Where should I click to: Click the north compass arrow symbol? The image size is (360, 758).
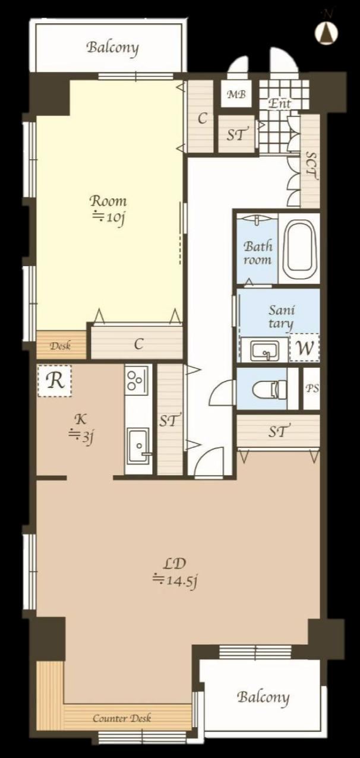coord(327,33)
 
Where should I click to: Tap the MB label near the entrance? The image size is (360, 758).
coord(236,94)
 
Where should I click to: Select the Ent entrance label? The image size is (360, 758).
coord(279,103)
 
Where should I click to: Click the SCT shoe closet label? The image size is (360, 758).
coord(311,166)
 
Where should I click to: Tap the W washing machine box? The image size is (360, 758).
coord(305,348)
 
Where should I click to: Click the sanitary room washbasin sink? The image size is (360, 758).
coord(264,350)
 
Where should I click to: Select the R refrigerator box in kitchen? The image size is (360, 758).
coord(55,381)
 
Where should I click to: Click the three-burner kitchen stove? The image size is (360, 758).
coord(137,380)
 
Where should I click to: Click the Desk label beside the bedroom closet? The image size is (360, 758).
coord(60,346)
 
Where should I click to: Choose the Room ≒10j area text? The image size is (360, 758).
coord(108,210)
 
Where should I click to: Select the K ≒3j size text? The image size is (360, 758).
coord(81,429)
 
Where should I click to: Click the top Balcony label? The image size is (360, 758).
coord(113,48)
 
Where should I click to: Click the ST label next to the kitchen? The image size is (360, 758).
coord(168,420)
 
